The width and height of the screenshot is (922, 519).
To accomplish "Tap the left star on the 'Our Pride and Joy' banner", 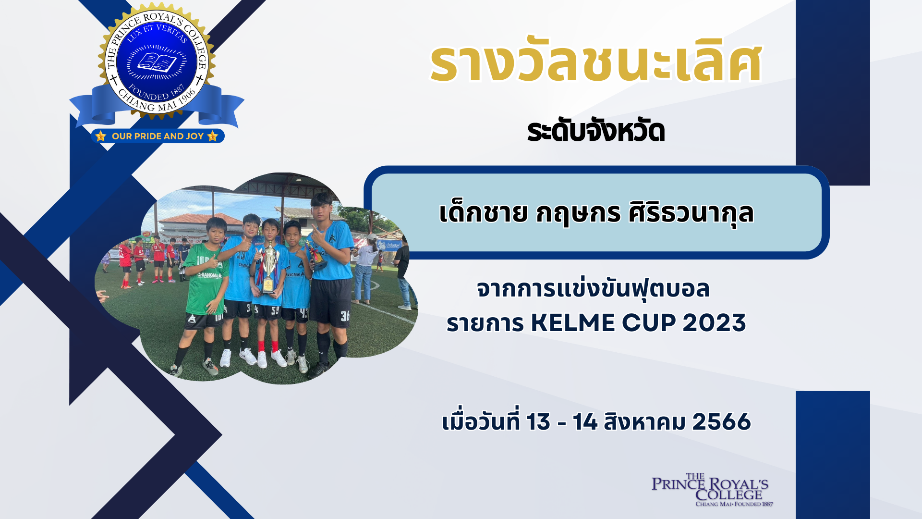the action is point(101,136).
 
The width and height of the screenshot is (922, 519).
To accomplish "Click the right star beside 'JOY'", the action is point(213,136).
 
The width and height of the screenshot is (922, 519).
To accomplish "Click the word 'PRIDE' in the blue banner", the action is point(148,136).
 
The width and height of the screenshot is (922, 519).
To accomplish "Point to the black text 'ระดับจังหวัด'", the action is point(596,131).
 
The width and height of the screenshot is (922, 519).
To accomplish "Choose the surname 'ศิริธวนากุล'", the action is point(691,213).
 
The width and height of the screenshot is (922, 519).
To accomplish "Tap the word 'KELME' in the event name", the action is point(573,323).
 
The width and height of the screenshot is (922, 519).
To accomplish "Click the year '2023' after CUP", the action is point(714,323).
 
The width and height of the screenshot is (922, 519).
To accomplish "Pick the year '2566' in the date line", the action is point(721,421).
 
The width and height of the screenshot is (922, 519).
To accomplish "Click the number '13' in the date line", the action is point(538,421).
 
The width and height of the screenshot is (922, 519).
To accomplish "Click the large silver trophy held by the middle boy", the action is point(269,267).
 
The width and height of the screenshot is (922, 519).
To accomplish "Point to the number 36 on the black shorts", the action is point(345,316).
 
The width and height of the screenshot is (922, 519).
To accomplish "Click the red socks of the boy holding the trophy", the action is point(267,346).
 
